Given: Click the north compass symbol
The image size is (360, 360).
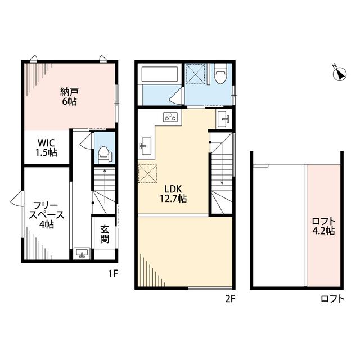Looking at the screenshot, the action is (x=340, y=73).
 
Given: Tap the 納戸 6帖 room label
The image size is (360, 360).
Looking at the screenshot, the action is (x=69, y=96).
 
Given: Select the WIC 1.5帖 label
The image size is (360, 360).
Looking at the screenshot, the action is (x=46, y=147).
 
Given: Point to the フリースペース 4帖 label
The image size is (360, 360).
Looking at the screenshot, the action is (x=46, y=215).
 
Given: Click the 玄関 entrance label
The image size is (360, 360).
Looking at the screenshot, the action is (x=105, y=234).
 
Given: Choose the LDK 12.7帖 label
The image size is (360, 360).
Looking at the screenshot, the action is (x=173, y=193).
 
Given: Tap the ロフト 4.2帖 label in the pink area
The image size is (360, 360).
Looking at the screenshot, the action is (x=323, y=226).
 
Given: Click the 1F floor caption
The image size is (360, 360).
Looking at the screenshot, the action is (x=113, y=273).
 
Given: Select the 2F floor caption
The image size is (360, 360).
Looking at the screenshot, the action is (x=230, y=299).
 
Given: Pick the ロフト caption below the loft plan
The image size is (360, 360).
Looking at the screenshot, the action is (x=332, y=299).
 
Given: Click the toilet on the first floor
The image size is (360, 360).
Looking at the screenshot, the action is (x=104, y=155).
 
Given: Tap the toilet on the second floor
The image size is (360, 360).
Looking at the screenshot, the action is (x=220, y=74).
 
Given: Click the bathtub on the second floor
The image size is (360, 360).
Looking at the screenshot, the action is (x=160, y=74).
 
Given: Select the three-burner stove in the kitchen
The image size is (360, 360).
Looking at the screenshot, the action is (x=170, y=117).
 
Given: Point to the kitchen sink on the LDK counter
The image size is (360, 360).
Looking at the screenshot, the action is (x=145, y=146).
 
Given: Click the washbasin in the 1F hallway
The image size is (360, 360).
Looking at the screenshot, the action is (x=82, y=253).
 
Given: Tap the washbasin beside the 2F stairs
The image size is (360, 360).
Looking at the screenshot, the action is (x=224, y=119).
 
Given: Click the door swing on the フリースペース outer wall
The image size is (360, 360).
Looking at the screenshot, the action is (x=16, y=199).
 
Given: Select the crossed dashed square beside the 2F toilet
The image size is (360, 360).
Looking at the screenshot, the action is (x=195, y=74).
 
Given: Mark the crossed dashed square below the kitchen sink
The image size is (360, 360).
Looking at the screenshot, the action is (x=147, y=173).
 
